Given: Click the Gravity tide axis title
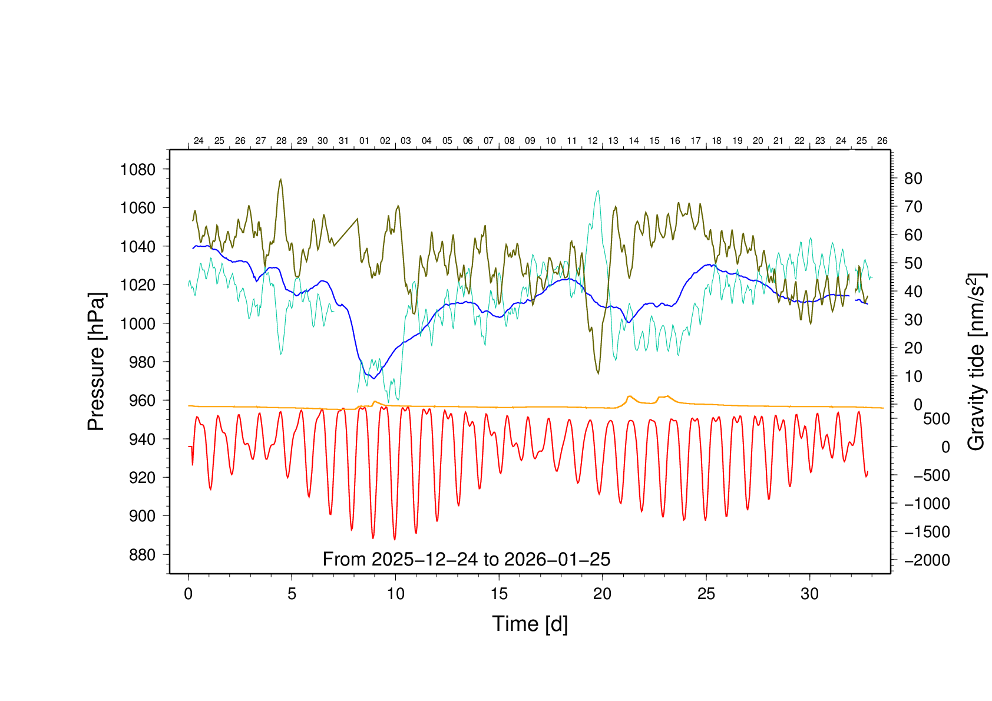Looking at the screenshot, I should pyautogui.click(x=977, y=362).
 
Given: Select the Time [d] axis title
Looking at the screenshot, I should pyautogui.click(x=530, y=624).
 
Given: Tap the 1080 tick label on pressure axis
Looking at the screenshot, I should pyautogui.click(x=138, y=170).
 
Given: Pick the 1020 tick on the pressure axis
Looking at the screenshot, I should pyautogui.click(x=138, y=285).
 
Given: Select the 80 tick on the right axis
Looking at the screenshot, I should pyautogui.click(x=912, y=178).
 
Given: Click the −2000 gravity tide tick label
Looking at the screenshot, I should pyautogui.click(x=927, y=560).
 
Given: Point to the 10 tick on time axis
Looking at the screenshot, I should pyautogui.click(x=395, y=594).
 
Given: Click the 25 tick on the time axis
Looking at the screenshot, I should pyautogui.click(x=706, y=594).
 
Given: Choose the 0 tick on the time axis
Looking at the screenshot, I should pyautogui.click(x=189, y=594).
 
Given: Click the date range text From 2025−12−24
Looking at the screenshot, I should pyautogui.click(x=466, y=559).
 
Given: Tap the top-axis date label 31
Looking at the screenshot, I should pyautogui.click(x=343, y=141).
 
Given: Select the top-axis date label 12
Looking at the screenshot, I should pyautogui.click(x=592, y=141).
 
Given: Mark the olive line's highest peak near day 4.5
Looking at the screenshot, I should pyautogui.click(x=280, y=179).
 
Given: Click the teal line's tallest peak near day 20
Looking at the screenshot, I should pyautogui.click(x=598, y=190).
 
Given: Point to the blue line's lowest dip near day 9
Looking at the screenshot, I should pyautogui.click(x=373, y=378).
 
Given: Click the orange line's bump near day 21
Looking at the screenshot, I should pyautogui.click(x=630, y=396).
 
